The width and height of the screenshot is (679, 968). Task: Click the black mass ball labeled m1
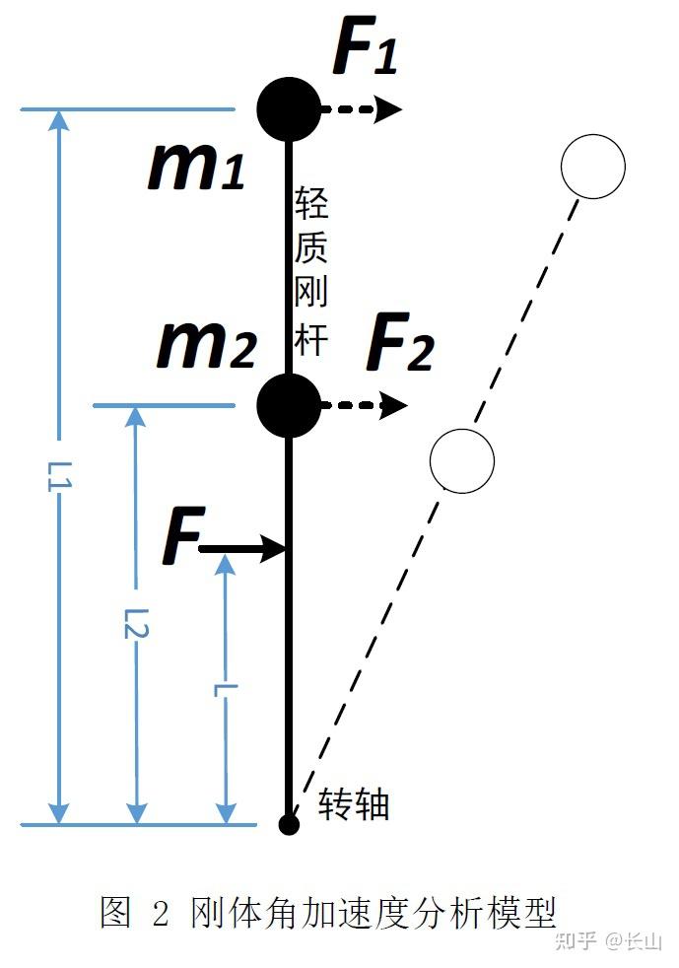tap(289, 109)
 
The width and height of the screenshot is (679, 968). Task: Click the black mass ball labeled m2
tap(289, 405)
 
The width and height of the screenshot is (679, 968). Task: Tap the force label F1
tap(366, 45)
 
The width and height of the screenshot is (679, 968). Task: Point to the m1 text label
tap(197, 166)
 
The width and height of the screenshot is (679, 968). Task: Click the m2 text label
tap(206, 344)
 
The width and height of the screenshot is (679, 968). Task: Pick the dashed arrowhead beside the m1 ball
tap(389, 109)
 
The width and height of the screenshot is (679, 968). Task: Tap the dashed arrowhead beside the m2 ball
tap(394, 405)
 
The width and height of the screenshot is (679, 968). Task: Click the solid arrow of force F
tap(242, 548)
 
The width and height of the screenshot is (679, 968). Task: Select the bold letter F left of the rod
tap(182, 534)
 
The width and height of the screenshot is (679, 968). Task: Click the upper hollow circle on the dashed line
tap(592, 166)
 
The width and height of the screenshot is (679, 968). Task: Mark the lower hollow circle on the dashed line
tap(462, 460)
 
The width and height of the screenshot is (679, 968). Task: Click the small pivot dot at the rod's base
tap(289, 824)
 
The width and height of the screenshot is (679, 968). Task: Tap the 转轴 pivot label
tap(353, 804)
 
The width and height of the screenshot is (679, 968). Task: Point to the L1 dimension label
tap(59, 475)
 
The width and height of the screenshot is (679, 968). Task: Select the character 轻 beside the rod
tap(310, 203)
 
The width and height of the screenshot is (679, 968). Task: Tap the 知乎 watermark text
tap(576, 940)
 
